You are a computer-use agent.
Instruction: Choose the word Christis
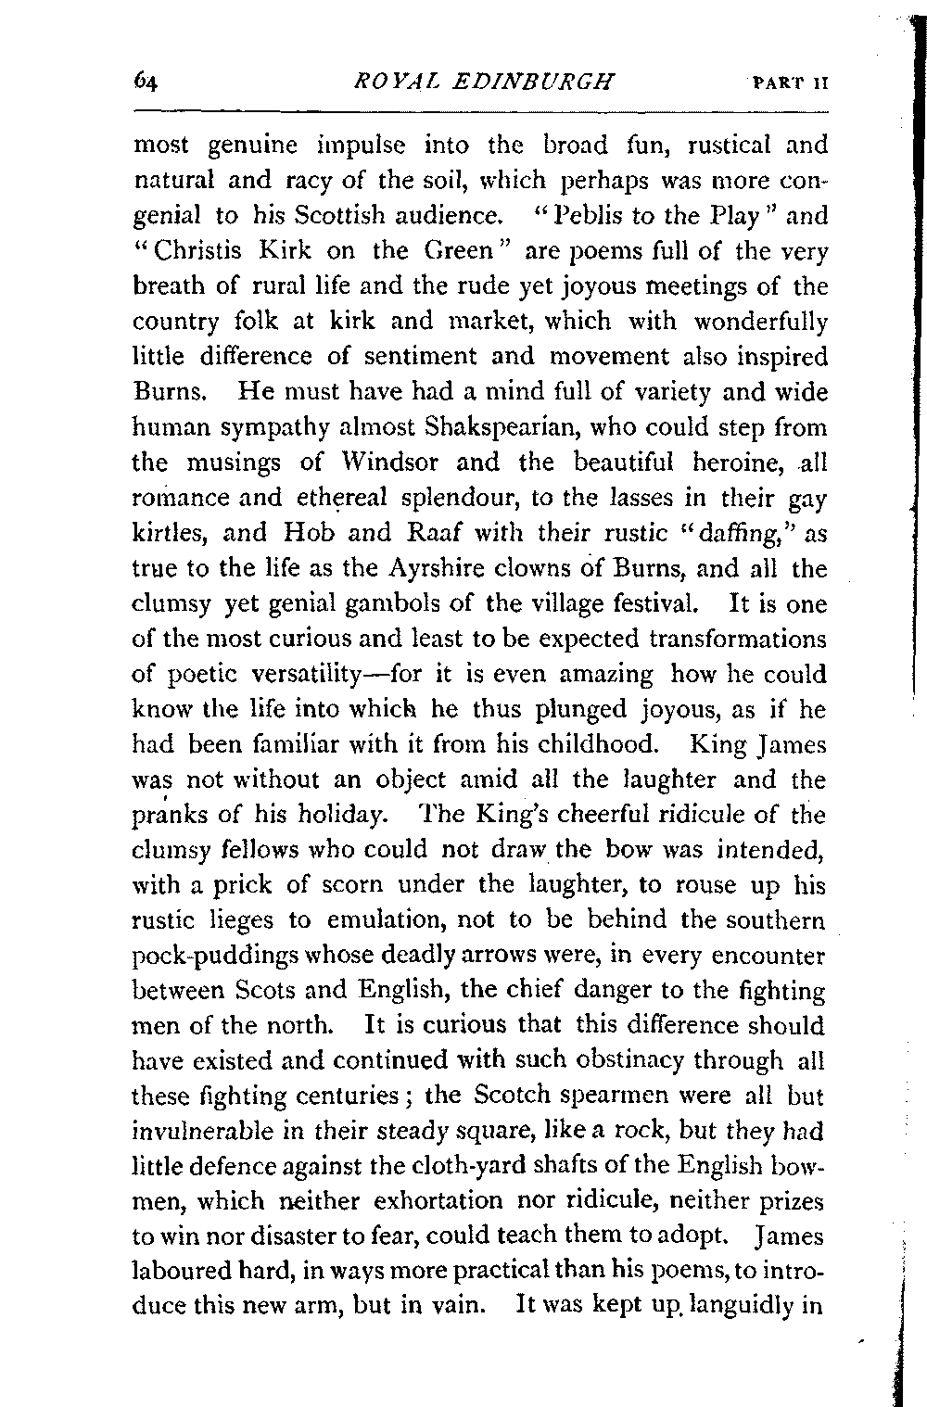point(198,251)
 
